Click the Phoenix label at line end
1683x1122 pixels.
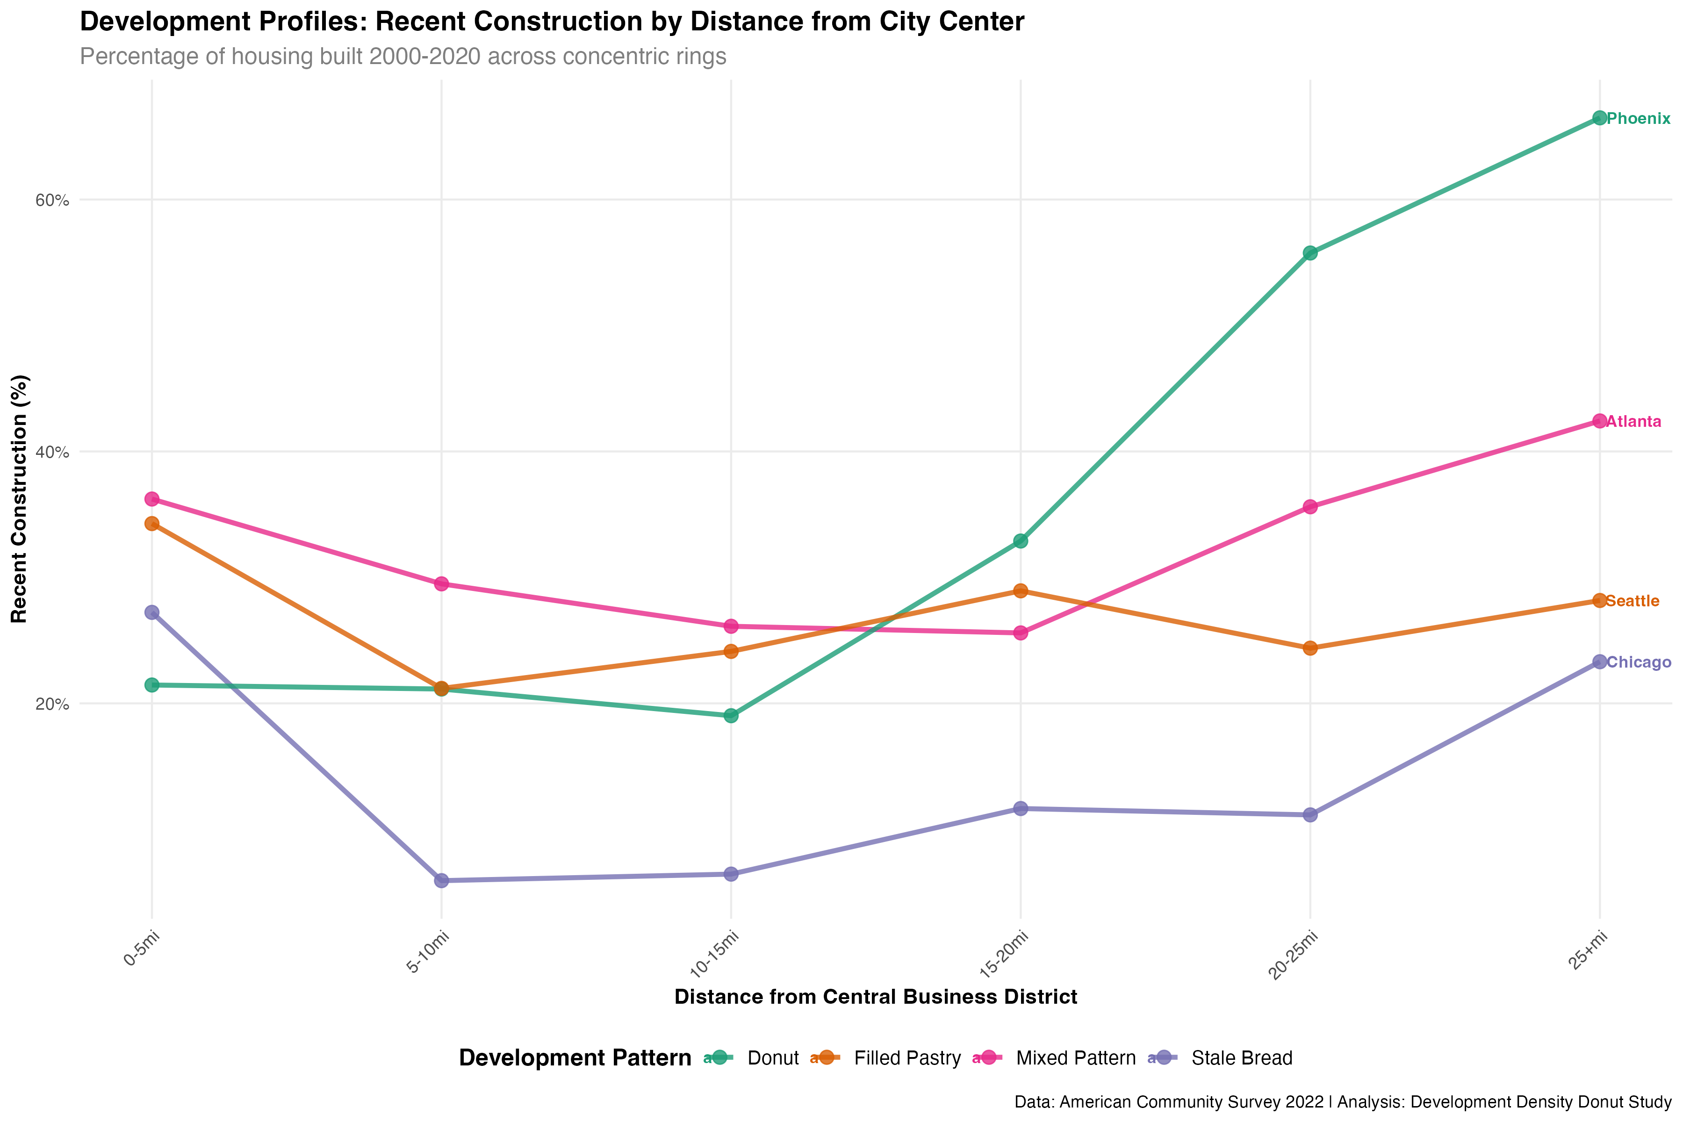pyautogui.click(x=1638, y=119)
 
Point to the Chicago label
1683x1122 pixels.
pyautogui.click(x=1639, y=662)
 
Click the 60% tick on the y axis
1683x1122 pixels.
pyautogui.click(x=52, y=201)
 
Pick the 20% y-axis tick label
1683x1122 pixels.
pyautogui.click(x=52, y=704)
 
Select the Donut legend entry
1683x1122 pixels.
pyautogui.click(x=772, y=1058)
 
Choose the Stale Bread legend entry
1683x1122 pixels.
pyautogui.click(x=1242, y=1058)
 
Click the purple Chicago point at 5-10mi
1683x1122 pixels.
pyautogui.click(x=441, y=880)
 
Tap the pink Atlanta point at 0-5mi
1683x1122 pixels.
pyautogui.click(x=151, y=499)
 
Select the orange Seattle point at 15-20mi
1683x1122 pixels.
pyautogui.click(x=1021, y=591)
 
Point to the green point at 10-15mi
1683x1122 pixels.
pyautogui.click(x=731, y=716)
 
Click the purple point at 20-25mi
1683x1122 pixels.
pyautogui.click(x=1310, y=815)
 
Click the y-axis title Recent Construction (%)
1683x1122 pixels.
pyautogui.click(x=19, y=499)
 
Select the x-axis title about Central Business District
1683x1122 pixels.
pyautogui.click(x=875, y=997)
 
